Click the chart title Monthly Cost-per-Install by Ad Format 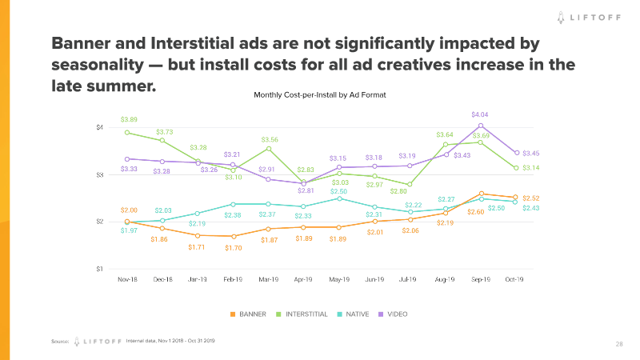320,94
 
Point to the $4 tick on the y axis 101,128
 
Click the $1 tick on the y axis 101,269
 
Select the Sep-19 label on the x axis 480,281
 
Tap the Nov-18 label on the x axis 127,281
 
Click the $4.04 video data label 480,115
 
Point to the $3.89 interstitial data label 128,119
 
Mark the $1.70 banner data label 233,248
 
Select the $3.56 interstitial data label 270,139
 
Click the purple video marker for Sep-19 480,126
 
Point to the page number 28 619,344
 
